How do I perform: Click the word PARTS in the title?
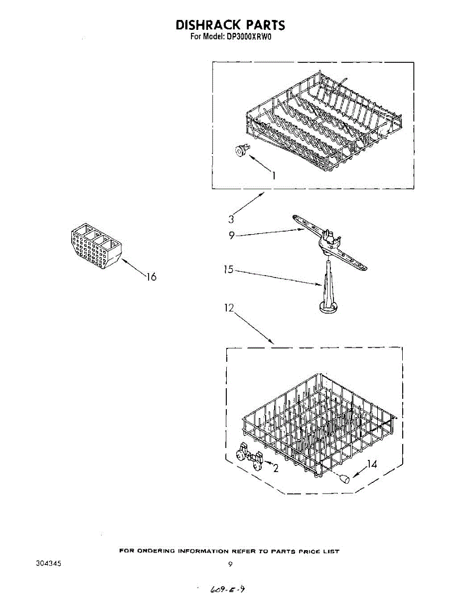coord(262,25)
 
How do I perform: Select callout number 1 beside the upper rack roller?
coord(273,174)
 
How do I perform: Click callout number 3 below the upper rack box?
coord(231,218)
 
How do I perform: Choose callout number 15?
coord(228,271)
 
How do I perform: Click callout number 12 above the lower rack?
coord(229,308)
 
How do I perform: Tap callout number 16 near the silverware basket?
coord(151,277)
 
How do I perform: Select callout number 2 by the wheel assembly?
coord(275,467)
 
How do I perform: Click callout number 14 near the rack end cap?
coord(371,464)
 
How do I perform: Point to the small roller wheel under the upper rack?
coord(240,150)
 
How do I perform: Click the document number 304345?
coord(48,564)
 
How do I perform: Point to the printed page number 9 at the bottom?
coord(230,564)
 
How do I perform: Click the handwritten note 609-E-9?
coord(227,590)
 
